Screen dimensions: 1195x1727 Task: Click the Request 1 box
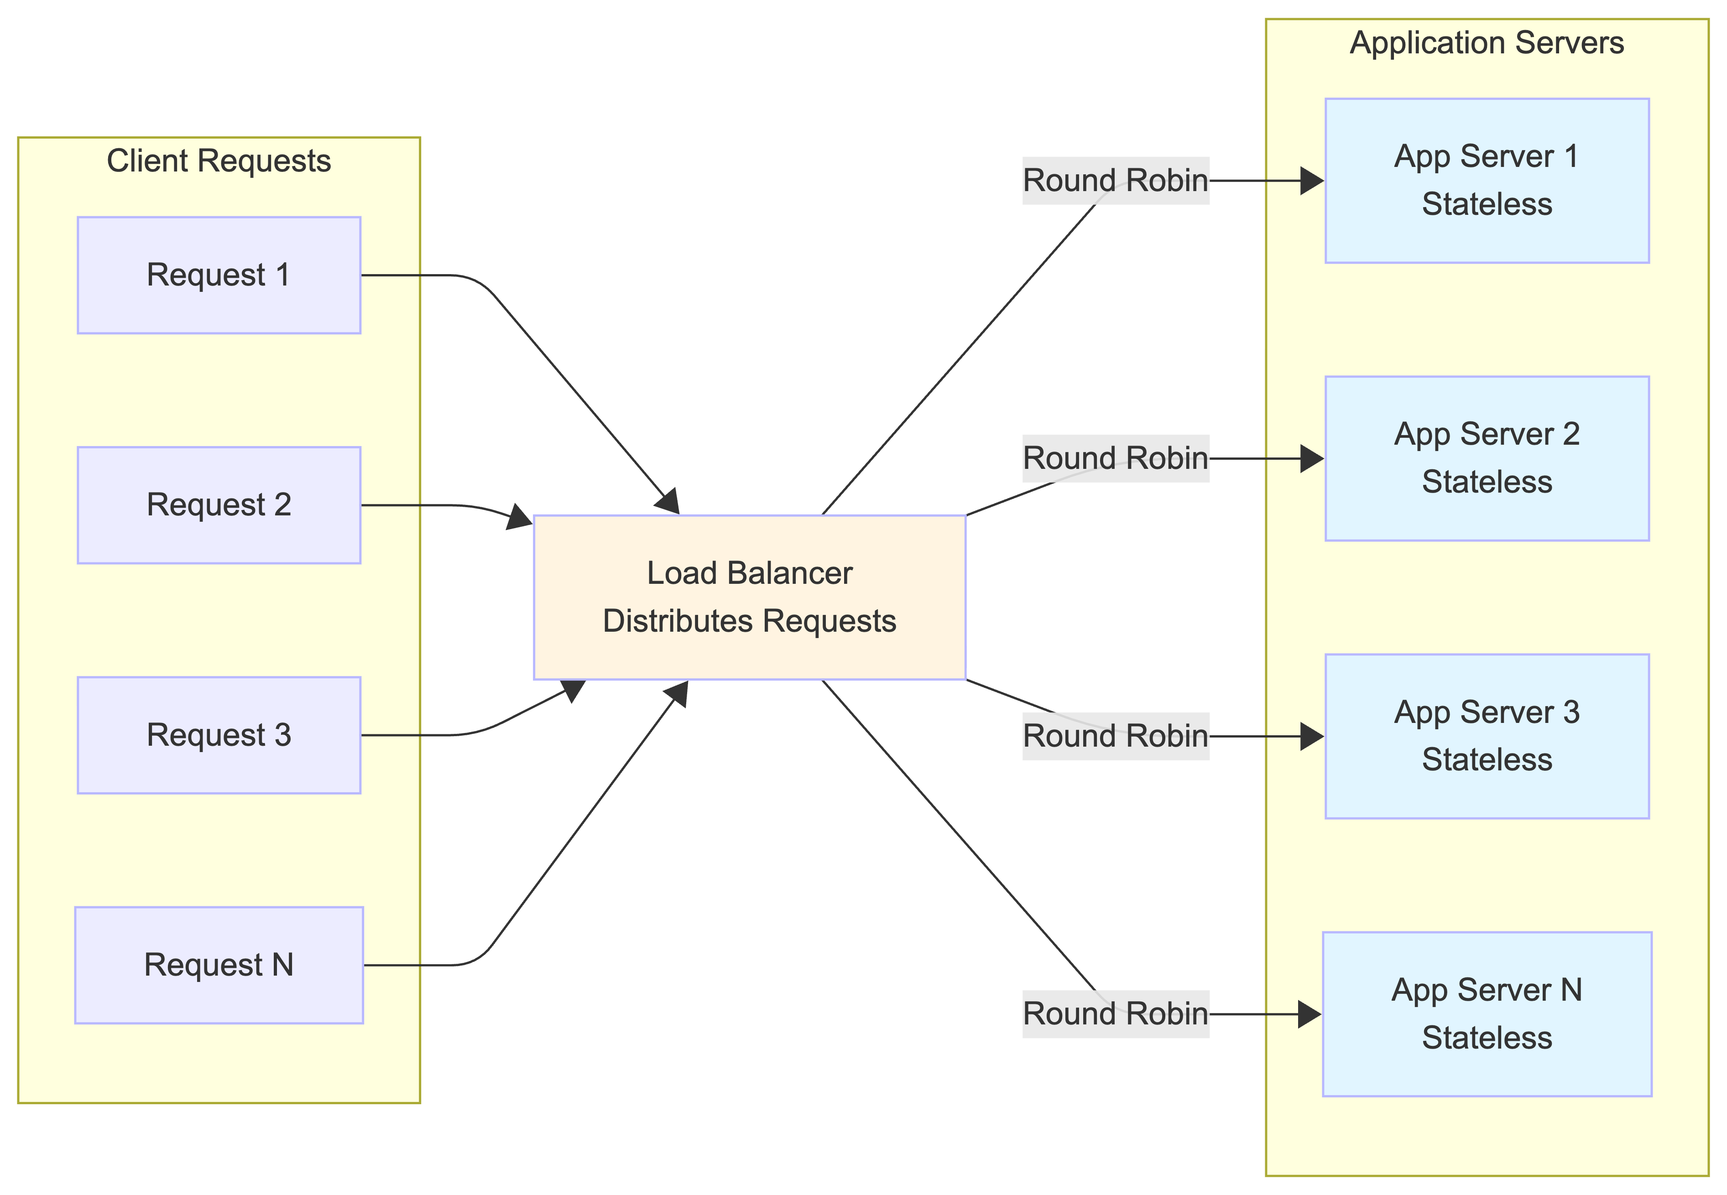point(219,275)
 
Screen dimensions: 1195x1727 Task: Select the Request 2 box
point(219,504)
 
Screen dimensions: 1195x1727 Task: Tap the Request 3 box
point(219,734)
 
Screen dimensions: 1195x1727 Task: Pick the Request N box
point(219,964)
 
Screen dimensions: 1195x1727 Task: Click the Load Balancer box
point(749,597)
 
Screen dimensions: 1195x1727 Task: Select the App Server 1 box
point(1487,181)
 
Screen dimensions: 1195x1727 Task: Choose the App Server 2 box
point(1487,458)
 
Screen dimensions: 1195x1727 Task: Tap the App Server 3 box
point(1487,736)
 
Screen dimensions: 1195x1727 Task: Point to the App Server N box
point(1487,1014)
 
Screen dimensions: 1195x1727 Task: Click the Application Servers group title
point(1487,43)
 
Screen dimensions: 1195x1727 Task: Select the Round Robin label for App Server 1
point(1115,181)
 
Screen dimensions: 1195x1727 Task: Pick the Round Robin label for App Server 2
point(1115,458)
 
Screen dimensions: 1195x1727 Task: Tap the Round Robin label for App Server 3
point(1115,736)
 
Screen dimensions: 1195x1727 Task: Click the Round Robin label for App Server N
point(1115,1014)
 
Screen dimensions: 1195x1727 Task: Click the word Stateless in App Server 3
point(1487,760)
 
